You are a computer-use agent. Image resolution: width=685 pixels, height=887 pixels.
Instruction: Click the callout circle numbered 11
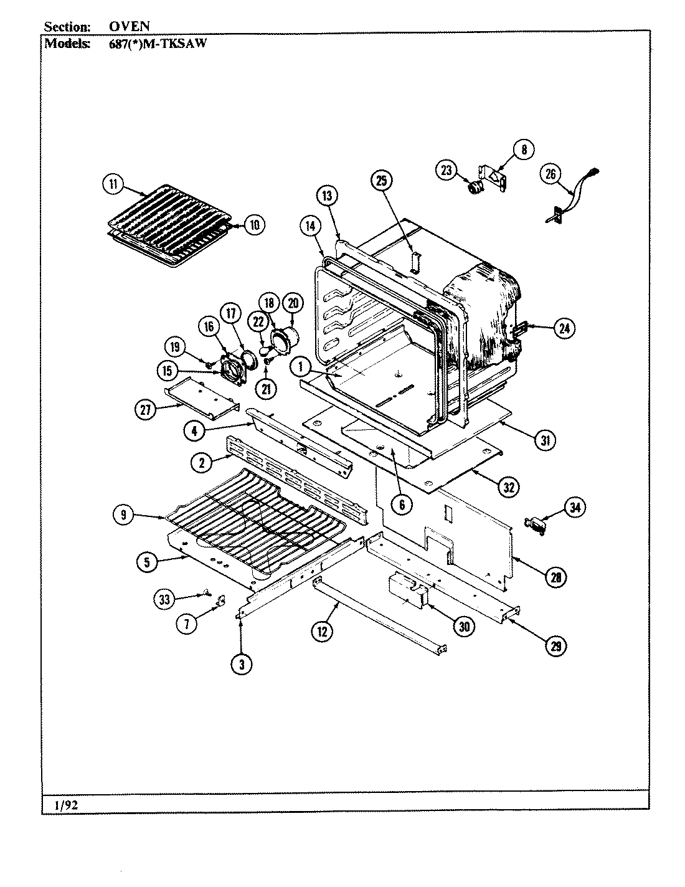coord(113,184)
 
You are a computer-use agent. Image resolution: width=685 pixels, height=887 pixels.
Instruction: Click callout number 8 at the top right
coord(524,149)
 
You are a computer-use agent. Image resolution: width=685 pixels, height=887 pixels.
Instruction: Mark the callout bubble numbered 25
coord(382,181)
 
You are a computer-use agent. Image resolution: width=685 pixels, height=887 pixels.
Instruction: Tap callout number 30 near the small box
coord(463,627)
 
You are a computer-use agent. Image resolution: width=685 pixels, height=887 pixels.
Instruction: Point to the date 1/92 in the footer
coord(66,805)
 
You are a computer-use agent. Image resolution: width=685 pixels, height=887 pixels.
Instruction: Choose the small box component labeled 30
coord(406,592)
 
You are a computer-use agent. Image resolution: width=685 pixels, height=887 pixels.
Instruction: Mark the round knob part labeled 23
coord(475,186)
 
